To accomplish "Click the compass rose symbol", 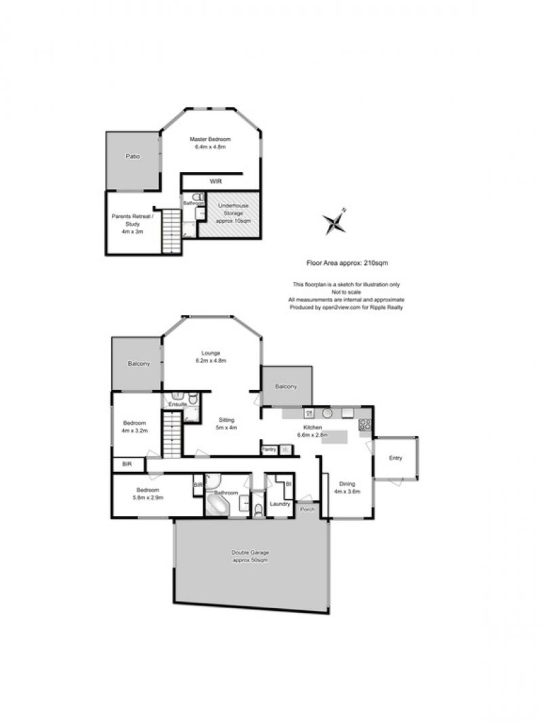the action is (x=335, y=222).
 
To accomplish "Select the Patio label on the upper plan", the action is (x=133, y=156).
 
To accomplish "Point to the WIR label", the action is (x=215, y=182).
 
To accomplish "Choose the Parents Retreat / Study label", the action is (x=133, y=224).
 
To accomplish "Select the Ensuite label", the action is (x=178, y=404).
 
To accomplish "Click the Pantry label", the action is (x=269, y=450).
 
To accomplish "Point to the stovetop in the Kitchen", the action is (x=364, y=425).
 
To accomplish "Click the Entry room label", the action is (x=396, y=458).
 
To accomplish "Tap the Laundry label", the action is (x=280, y=504).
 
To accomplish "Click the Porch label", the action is (x=307, y=509).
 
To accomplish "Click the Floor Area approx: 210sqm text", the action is (x=347, y=263).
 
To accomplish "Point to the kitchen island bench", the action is (x=334, y=436).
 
